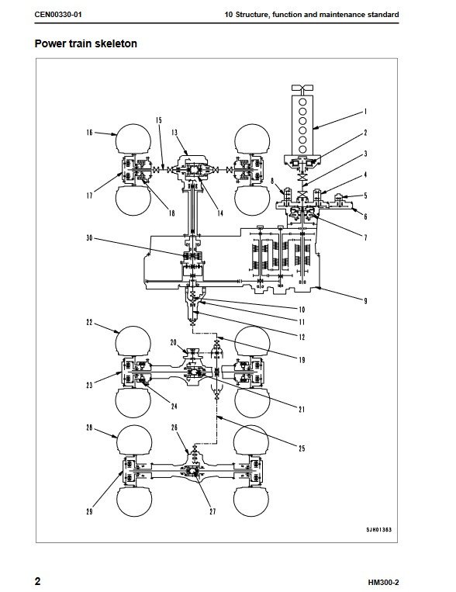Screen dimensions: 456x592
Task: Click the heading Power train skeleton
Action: pyautogui.click(x=85, y=43)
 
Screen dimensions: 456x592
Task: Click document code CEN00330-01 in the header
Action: pyautogui.click(x=57, y=15)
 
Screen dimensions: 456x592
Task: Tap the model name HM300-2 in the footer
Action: pyautogui.click(x=383, y=582)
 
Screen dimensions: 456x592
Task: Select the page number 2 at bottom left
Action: pyautogui.click(x=37, y=581)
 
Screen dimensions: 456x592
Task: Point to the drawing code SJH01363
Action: pyautogui.click(x=378, y=530)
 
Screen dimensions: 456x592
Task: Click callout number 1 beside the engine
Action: pyautogui.click(x=365, y=112)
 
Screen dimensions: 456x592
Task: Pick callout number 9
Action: pyautogui.click(x=365, y=301)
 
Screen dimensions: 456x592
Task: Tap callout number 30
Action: pyautogui.click(x=89, y=238)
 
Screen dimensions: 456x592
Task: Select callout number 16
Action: pyautogui.click(x=89, y=132)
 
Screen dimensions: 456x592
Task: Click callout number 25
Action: pyautogui.click(x=302, y=448)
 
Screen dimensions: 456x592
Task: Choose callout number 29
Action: pyautogui.click(x=89, y=511)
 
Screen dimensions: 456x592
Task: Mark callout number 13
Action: pyautogui.click(x=174, y=132)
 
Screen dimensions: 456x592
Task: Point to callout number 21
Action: pyautogui.click(x=302, y=409)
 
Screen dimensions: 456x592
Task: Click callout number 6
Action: pyautogui.click(x=365, y=216)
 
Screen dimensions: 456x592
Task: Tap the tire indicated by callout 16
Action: pyautogui.click(x=133, y=139)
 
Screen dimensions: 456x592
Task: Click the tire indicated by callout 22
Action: pyautogui.click(x=133, y=341)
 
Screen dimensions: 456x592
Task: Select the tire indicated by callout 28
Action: pyautogui.click(x=134, y=440)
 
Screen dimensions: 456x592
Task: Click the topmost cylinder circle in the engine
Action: pyautogui.click(x=302, y=102)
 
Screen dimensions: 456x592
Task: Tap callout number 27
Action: pyautogui.click(x=212, y=511)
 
